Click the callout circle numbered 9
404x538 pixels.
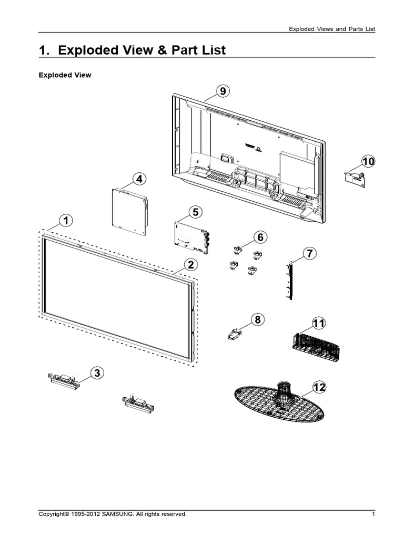click(x=223, y=91)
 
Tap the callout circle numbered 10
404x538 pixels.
click(x=368, y=162)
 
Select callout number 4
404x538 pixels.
click(x=139, y=179)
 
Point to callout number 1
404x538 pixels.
click(x=65, y=221)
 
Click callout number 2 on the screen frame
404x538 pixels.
click(x=190, y=264)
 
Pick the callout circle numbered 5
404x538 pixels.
click(x=195, y=213)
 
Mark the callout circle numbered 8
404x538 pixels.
click(x=257, y=319)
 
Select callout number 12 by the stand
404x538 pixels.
click(x=319, y=387)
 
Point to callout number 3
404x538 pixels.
click(x=97, y=374)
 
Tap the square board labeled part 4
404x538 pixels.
click(x=129, y=210)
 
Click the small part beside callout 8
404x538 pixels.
click(x=235, y=333)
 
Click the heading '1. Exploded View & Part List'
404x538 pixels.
click(x=133, y=50)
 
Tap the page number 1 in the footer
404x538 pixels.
click(x=373, y=514)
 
